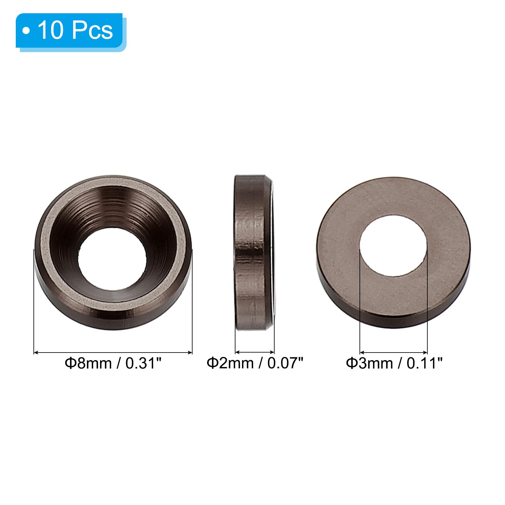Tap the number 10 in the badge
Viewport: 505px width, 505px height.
[50, 31]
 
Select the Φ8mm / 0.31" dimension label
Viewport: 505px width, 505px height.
[113, 363]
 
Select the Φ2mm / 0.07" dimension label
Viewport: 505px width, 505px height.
[255, 363]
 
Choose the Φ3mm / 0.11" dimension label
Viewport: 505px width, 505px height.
[394, 363]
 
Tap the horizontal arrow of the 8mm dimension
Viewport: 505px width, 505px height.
[113, 352]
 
